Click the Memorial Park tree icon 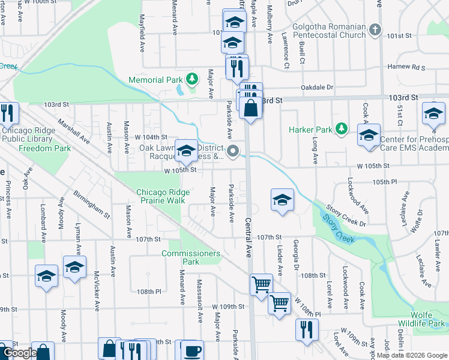click(191, 79)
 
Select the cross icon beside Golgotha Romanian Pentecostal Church click(375, 29)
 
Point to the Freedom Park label click(44, 148)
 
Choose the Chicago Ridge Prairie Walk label click(163, 196)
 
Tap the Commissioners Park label click(190, 257)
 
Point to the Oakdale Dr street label click(317, 87)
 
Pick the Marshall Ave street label click(73, 131)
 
